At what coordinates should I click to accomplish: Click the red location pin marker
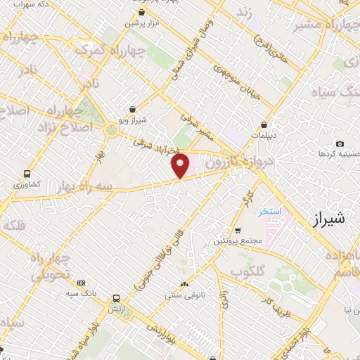tap(181, 167)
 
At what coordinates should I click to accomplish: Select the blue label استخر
tap(269, 211)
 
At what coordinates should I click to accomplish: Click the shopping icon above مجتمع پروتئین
tap(238, 230)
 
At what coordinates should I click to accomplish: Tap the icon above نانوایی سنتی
tap(184, 284)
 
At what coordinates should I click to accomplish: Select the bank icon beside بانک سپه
tap(81, 282)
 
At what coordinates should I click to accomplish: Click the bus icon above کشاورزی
tap(27, 173)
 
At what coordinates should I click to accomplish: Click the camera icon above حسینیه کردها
tap(340, 143)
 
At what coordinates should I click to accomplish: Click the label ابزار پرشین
tap(143, 23)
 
